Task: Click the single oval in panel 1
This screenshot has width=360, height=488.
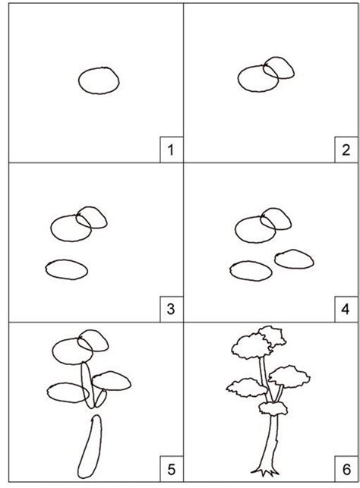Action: point(99,80)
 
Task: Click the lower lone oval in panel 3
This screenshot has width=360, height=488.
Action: point(66,268)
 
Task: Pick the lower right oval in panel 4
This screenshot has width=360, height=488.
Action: point(293,259)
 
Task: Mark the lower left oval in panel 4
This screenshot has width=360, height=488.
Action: point(251,270)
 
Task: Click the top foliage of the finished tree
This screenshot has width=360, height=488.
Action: point(255,346)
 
